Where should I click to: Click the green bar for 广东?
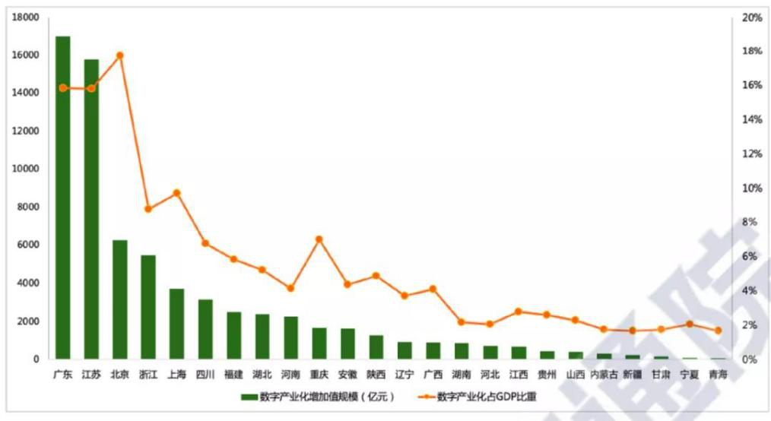[63, 198]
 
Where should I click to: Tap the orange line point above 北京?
[119, 55]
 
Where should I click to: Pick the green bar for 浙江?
[148, 307]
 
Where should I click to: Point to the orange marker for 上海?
[176, 193]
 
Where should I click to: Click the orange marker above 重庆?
[319, 239]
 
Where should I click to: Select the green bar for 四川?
[205, 329]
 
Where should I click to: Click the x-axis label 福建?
[233, 374]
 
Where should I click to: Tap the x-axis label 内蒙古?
[604, 374]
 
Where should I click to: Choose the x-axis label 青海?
[717, 374]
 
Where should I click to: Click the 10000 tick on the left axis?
[26, 169]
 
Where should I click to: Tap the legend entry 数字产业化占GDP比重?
[487, 396]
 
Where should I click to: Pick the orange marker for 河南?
[290, 288]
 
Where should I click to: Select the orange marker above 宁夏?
[689, 324]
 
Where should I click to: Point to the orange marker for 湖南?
[461, 322]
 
